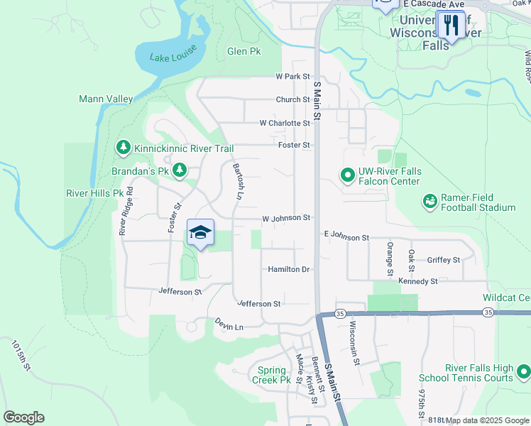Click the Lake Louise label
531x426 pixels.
[170, 58]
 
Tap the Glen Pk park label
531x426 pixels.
[244, 51]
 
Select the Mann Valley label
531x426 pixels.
[106, 99]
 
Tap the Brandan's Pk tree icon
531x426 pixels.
[180, 170]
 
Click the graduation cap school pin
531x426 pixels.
[200, 233]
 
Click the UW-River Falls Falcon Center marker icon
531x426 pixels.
[348, 174]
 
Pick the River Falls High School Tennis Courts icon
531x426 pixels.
[523, 371]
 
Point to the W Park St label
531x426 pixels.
[293, 76]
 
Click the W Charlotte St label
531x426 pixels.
[285, 123]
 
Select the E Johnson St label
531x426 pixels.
[346, 234]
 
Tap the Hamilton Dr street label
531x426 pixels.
[289, 269]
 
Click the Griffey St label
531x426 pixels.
[444, 260]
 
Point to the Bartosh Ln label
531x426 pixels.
[238, 180]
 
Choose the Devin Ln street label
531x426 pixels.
[229, 325]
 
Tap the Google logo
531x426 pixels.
[24, 417]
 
